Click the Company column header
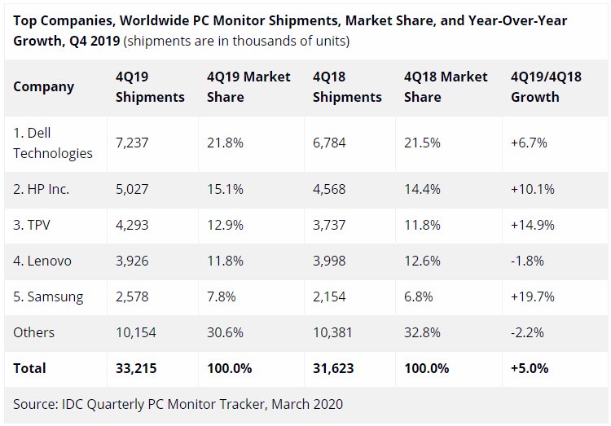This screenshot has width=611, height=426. tap(44, 87)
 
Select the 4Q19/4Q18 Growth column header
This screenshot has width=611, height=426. tap(546, 87)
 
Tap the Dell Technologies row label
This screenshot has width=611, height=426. tap(53, 143)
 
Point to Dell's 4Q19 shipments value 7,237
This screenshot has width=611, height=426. tap(132, 143)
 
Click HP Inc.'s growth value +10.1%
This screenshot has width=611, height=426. tap(533, 190)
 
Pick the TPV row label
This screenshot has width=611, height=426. tap(32, 226)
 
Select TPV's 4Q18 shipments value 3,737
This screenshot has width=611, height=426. tap(329, 226)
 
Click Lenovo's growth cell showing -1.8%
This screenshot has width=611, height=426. tap(527, 261)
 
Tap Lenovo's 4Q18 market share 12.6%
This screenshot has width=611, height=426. tap(422, 261)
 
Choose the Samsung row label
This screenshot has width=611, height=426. tap(48, 297)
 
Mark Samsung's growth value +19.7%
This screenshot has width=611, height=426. tap(533, 297)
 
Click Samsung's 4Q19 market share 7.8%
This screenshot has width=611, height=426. tap(222, 297)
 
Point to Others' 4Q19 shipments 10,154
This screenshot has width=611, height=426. tap(136, 332)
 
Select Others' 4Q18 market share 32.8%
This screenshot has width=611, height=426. tap(422, 332)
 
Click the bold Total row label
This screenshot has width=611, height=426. tap(29, 368)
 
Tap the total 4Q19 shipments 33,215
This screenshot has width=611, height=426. tap(136, 368)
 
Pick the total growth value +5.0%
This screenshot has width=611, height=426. tap(530, 368)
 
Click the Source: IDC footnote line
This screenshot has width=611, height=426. tap(178, 405)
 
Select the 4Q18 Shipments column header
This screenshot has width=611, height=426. tap(347, 87)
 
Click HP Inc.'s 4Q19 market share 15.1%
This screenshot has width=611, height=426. tap(225, 190)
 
